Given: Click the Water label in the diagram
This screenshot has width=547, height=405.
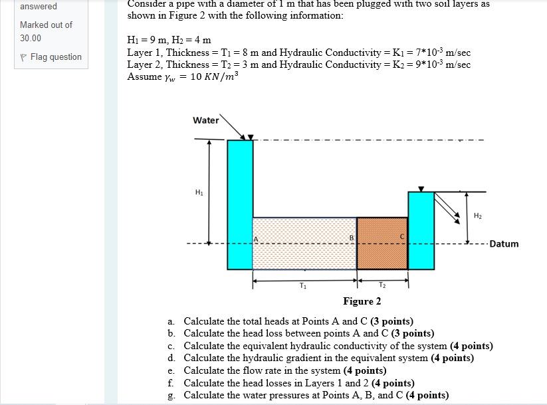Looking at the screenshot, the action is coord(205,120).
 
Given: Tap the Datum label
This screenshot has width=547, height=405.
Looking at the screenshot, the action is coord(504,244).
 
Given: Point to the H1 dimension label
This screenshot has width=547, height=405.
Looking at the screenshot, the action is coord(199,194).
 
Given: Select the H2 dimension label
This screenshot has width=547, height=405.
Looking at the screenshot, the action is coord(478,215).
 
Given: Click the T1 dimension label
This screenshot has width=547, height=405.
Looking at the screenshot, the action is coord(303,286).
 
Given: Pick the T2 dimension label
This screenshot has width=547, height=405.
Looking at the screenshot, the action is coord(382,286).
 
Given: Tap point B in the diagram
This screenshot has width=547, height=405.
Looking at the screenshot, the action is coord(352,237).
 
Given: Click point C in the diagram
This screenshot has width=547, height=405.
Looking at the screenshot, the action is coord(401,237).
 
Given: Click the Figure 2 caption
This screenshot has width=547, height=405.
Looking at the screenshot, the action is coord(362,301).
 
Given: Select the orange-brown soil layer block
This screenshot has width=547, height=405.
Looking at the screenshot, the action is coord(382,243).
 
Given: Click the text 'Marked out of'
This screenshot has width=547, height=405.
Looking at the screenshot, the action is coord(46,25).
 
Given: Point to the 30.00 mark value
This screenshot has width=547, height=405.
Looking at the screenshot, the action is coord(31,39).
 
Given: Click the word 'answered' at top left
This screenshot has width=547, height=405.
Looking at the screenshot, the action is coord(39,7).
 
